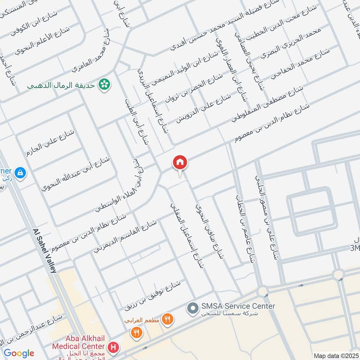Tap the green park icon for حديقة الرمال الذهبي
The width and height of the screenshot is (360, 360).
pyautogui.click(x=105, y=85)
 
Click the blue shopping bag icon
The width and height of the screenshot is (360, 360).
pyautogui.click(x=20, y=172)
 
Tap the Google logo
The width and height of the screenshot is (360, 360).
pyautogui.click(x=19, y=353)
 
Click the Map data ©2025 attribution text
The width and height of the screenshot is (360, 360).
pyautogui.click(x=336, y=355)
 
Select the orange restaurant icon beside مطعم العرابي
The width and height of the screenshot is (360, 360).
pyautogui.click(x=167, y=319)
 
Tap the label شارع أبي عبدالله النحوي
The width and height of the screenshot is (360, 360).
pyautogui.click(x=75, y=173)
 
